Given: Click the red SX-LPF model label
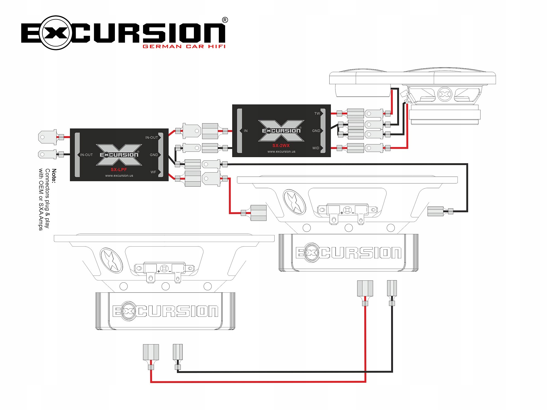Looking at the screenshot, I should click(x=119, y=169).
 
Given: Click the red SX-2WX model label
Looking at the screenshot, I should click(x=281, y=145).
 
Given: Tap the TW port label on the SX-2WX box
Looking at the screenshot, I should click(x=317, y=113).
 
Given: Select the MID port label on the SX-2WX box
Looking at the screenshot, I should click(x=316, y=148).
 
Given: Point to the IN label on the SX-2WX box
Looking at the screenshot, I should click(x=246, y=131).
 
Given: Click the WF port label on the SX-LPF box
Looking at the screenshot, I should click(x=153, y=172).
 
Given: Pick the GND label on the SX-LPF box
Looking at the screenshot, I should click(x=154, y=155).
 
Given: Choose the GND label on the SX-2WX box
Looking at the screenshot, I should click(x=316, y=131).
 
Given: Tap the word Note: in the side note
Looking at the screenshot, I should click(x=54, y=176).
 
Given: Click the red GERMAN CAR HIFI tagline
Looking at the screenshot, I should click(x=184, y=46).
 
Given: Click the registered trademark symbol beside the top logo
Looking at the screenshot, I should click(x=225, y=20).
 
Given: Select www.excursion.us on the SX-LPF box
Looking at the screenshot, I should click(x=119, y=176).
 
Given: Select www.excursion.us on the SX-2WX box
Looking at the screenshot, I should click(x=281, y=152).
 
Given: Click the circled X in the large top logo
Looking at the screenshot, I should click(x=56, y=33).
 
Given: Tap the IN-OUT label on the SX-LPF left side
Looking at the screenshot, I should click(x=86, y=155).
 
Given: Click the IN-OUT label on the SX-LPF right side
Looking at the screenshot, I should click(x=152, y=137).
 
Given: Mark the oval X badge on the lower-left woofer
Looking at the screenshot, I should click(x=111, y=260).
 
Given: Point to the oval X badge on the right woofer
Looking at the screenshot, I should click(x=294, y=202).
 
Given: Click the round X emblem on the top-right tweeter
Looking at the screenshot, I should click(x=444, y=94).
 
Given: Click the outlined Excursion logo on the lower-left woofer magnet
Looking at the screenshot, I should click(x=165, y=311).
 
